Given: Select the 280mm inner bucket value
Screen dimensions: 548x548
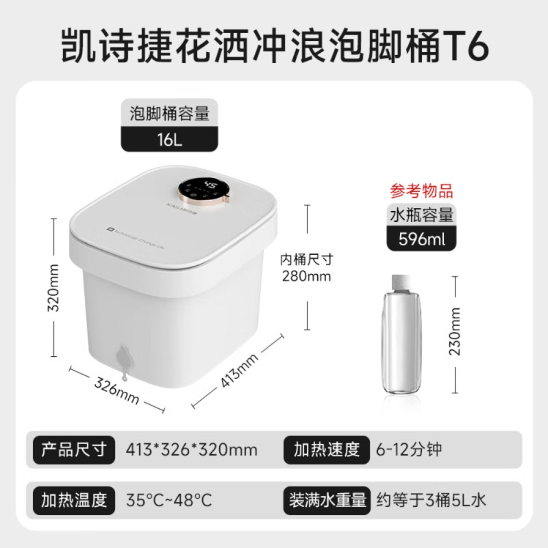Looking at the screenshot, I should click(x=306, y=276).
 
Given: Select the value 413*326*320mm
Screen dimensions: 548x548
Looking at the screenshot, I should click(x=192, y=450).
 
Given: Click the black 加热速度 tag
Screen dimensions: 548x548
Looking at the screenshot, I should click(x=327, y=449).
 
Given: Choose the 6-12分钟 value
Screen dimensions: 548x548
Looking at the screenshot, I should click(x=410, y=450).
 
